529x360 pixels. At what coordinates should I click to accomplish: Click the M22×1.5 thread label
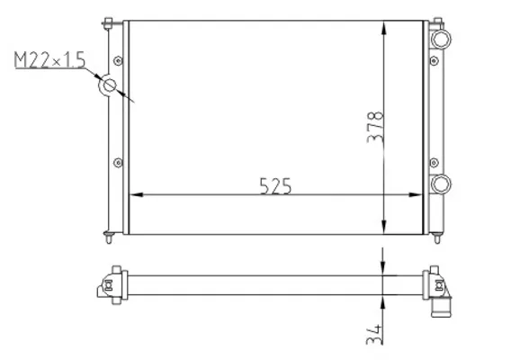coord(50,60)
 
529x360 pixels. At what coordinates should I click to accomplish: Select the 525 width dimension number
coord(275,186)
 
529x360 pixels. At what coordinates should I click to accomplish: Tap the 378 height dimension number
coord(375,127)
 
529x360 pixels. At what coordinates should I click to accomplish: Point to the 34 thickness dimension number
coord(375,335)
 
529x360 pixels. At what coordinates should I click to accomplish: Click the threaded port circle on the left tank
coord(109,85)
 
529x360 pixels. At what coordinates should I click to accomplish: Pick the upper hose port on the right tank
coord(441,39)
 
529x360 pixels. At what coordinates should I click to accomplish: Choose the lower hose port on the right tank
coord(441,184)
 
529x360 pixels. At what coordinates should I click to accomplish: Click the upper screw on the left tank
coord(118,61)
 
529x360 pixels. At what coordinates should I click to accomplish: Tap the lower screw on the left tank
coord(118,163)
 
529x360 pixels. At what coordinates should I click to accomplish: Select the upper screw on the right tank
coord(435,61)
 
